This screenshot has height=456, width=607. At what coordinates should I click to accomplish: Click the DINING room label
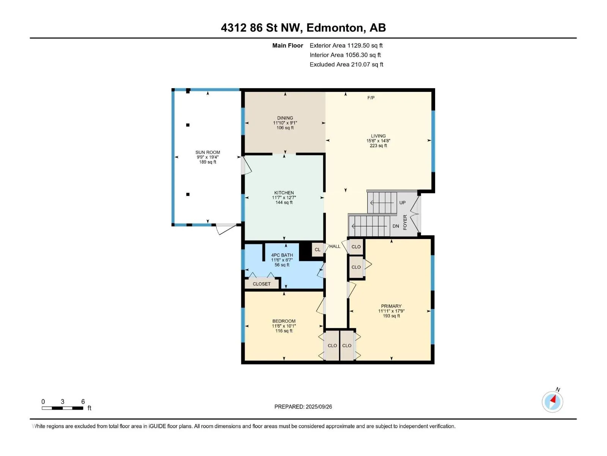(x=285, y=118)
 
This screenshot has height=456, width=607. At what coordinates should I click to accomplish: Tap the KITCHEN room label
(x=284, y=193)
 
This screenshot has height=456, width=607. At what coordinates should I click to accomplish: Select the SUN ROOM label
(x=208, y=152)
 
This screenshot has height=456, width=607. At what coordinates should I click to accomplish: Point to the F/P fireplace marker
(x=371, y=98)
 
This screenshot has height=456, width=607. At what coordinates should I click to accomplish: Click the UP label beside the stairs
(x=403, y=203)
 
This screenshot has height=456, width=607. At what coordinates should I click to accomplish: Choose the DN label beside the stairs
(x=396, y=226)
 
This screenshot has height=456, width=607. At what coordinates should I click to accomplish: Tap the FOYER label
(x=405, y=222)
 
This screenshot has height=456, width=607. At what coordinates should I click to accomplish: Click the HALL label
(x=335, y=246)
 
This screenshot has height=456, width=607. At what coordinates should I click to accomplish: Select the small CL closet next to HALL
(x=318, y=249)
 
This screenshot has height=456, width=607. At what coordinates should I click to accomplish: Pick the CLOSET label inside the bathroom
(x=262, y=284)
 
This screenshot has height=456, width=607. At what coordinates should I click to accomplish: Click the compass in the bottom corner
(x=552, y=402)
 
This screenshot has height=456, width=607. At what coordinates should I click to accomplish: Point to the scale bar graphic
(x=63, y=408)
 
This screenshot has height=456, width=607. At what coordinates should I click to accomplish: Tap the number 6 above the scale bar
(x=83, y=401)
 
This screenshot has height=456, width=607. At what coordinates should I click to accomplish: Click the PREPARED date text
(x=303, y=407)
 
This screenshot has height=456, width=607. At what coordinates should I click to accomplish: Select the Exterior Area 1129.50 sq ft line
(x=346, y=45)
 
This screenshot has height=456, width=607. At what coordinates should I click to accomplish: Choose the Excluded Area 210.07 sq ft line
(x=346, y=65)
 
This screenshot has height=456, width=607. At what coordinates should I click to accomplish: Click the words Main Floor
(x=288, y=45)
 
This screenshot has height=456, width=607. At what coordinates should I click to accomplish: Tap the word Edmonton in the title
(x=335, y=28)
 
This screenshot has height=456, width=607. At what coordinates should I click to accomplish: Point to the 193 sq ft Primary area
(x=391, y=316)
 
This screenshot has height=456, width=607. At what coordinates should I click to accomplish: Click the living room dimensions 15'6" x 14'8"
(x=378, y=141)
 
